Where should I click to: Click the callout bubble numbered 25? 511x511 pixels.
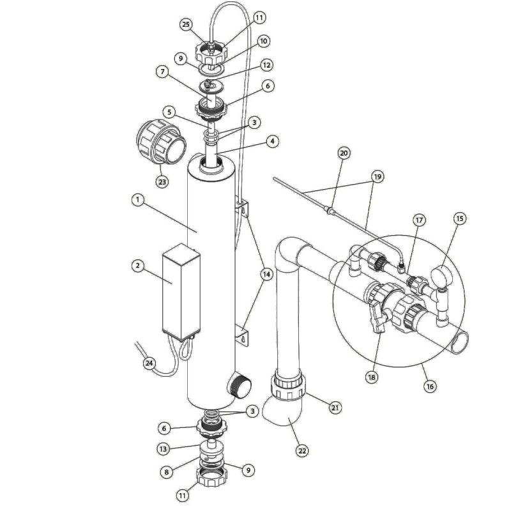[x=186, y=25]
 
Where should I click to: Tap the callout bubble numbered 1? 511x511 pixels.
[x=138, y=200]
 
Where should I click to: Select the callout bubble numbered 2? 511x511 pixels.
[x=137, y=266]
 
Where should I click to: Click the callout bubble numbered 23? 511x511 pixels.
[x=162, y=181]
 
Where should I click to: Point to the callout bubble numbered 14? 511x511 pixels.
[x=266, y=275]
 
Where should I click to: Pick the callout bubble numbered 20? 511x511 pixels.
[x=344, y=153]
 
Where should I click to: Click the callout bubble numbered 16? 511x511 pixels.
[x=430, y=386]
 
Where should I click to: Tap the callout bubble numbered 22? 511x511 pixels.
[x=302, y=451]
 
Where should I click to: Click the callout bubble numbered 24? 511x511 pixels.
[x=149, y=363]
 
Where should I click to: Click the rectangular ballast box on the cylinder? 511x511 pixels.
[x=181, y=293]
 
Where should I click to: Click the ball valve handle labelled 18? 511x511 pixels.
[x=378, y=317]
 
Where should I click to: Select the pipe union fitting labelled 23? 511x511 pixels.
[x=161, y=141]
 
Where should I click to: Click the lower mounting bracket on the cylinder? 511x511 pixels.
[x=241, y=334]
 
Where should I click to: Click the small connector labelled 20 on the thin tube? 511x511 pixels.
[x=330, y=210]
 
